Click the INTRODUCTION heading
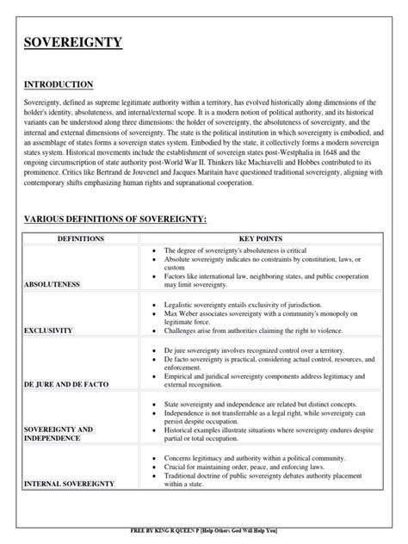coord(59,84)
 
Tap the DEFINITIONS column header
coord(80,238)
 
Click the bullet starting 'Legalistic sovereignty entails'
coord(236,306)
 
